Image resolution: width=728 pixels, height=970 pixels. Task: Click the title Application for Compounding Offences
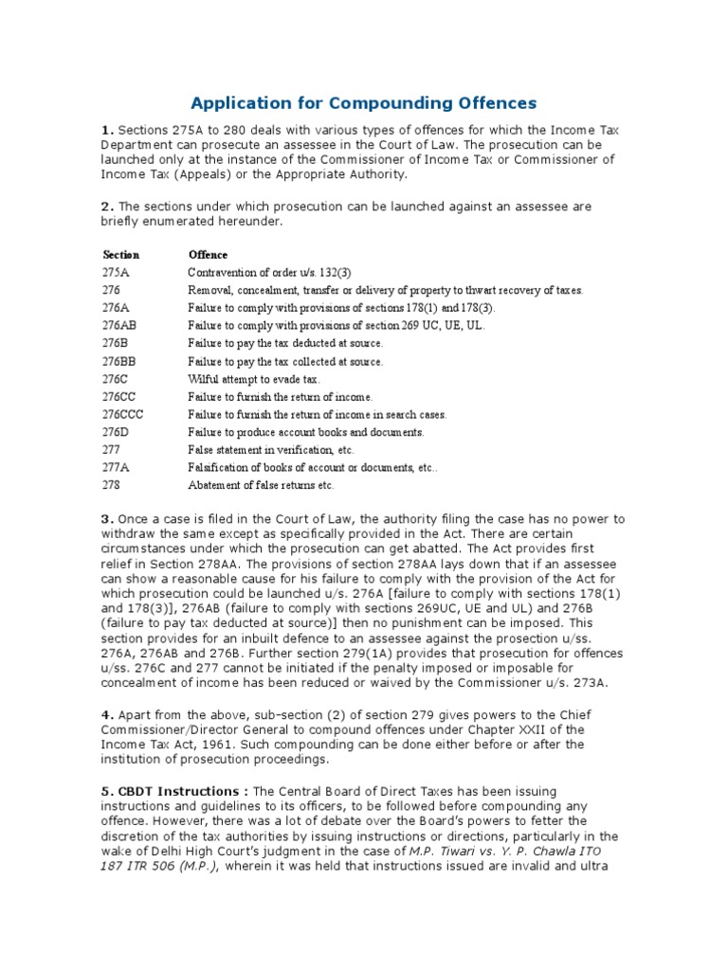coord(364,101)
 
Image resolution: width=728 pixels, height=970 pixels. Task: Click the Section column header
coord(120,255)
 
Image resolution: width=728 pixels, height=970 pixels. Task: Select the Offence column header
coord(208,255)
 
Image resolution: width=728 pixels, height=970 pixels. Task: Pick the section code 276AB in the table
coord(119,326)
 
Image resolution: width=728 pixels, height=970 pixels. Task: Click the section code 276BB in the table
coord(119,362)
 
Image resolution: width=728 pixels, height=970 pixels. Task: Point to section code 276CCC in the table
coord(123,415)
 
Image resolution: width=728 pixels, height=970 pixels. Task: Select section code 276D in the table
coord(116,433)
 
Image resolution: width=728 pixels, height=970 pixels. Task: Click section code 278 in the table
coord(111,486)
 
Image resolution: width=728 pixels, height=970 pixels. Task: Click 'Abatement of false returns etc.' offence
coord(261,486)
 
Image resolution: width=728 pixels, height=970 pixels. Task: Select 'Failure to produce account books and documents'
coord(305,433)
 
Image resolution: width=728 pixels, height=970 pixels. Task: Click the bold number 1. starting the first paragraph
coord(108,130)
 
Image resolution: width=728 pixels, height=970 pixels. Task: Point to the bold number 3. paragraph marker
coord(108,519)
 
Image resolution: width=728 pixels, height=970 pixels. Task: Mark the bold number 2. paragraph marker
coord(108,207)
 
